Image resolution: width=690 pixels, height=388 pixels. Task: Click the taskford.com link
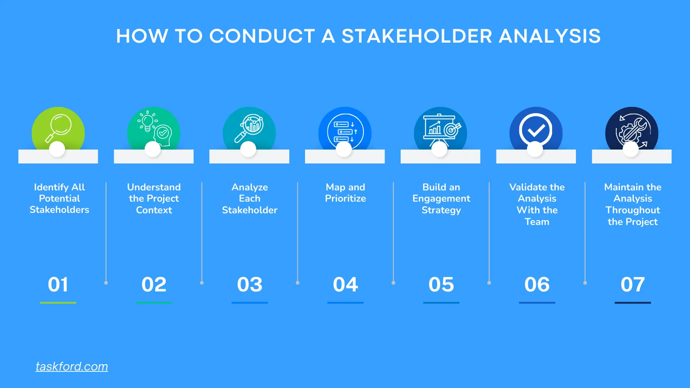tap(72, 366)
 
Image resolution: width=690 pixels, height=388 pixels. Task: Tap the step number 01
tap(58, 285)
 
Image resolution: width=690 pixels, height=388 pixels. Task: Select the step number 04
tap(345, 285)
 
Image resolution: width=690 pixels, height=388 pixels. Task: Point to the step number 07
tap(632, 285)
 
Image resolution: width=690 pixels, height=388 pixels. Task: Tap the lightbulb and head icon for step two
tap(154, 128)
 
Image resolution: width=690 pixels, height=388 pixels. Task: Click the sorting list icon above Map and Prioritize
tap(345, 130)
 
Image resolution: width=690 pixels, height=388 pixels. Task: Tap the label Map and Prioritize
tap(345, 193)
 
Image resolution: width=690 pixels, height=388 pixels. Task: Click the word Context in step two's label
tap(154, 210)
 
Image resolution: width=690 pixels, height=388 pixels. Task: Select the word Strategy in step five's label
tap(441, 210)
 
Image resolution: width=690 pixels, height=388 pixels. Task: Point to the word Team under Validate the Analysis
tap(537, 222)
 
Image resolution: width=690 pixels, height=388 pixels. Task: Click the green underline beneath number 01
tap(58, 303)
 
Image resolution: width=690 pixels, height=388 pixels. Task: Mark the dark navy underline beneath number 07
tap(632, 303)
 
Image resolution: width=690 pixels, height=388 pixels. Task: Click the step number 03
tap(250, 285)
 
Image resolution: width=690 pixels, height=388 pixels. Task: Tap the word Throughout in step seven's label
tap(632, 210)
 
